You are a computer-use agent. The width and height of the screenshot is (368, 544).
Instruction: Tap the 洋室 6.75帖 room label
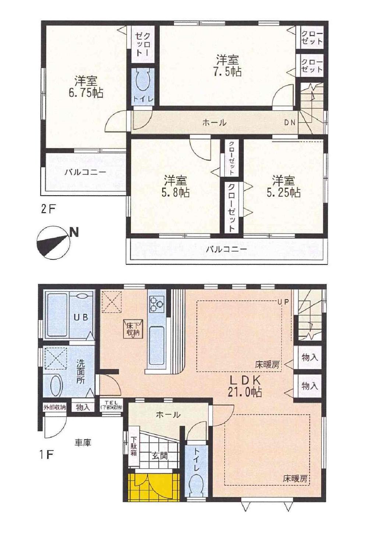click(85, 87)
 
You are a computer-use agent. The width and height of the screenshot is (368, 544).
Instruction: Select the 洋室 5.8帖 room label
click(176, 186)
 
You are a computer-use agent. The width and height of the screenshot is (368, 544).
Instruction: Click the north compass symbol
click(55, 243)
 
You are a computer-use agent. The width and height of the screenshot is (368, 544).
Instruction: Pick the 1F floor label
click(47, 455)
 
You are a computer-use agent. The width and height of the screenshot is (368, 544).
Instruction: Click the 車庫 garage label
click(83, 443)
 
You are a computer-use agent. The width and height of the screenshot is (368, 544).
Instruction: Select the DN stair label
click(289, 123)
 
